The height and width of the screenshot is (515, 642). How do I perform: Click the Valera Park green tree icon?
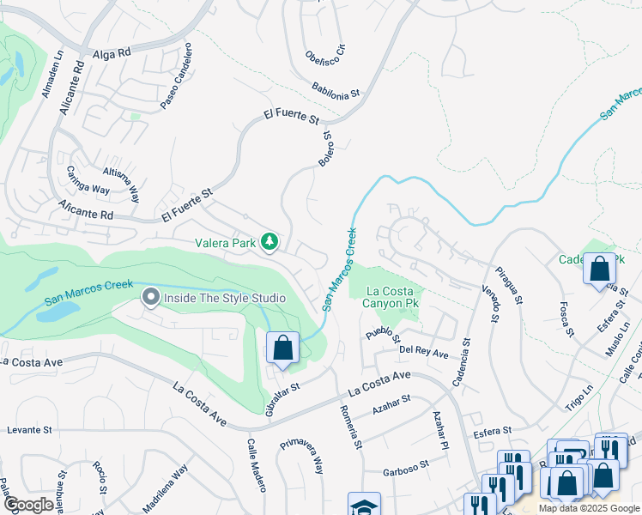tap(270, 243)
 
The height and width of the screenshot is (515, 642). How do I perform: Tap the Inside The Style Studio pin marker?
tap(151, 298)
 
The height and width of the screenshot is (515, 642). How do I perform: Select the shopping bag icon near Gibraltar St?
tap(282, 348)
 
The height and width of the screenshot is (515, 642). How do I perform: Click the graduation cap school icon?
tap(364, 506)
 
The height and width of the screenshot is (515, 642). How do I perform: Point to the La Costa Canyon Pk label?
tap(394, 298)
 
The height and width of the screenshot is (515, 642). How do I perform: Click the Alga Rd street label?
tap(112, 53)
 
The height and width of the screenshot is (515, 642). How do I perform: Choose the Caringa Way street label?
tap(89, 179)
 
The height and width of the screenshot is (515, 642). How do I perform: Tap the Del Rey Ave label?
tap(424, 353)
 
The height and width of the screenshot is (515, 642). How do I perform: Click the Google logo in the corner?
tap(28, 504)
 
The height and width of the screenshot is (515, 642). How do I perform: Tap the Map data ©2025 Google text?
tap(588, 508)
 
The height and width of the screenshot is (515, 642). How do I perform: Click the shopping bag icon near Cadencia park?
tap(599, 269)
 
